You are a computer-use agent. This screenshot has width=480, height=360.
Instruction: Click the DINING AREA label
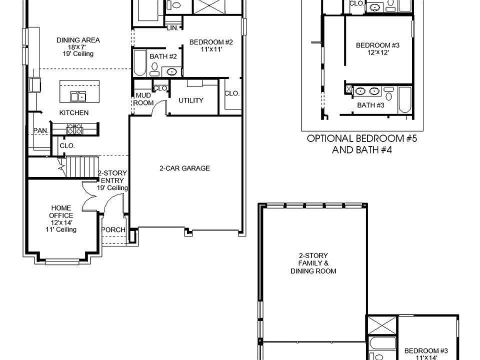[x=78, y=40]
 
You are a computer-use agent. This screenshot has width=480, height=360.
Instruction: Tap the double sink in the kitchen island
[x=77, y=96]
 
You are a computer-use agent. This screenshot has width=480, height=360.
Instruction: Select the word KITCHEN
[x=74, y=113]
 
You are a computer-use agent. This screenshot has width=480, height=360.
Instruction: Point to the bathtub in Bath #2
[x=139, y=63]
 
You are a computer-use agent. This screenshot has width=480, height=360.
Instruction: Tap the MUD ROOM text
[x=143, y=99]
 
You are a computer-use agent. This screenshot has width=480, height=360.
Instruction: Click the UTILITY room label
[x=191, y=100]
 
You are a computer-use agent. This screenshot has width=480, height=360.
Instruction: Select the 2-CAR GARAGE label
[x=184, y=168]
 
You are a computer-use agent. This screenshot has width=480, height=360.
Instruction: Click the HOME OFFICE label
[x=60, y=211]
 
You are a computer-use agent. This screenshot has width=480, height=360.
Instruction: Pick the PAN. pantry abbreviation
[x=40, y=130]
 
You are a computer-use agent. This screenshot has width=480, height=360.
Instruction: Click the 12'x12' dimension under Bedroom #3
[x=377, y=52]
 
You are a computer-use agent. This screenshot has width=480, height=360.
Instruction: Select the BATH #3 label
[x=370, y=105]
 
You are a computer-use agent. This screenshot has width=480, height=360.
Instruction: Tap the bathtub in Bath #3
[x=404, y=100]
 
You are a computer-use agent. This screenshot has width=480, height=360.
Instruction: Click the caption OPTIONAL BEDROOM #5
[x=361, y=139]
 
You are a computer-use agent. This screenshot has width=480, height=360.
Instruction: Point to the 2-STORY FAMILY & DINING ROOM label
[x=313, y=263]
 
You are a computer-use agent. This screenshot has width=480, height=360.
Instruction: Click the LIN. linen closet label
[x=173, y=28]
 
